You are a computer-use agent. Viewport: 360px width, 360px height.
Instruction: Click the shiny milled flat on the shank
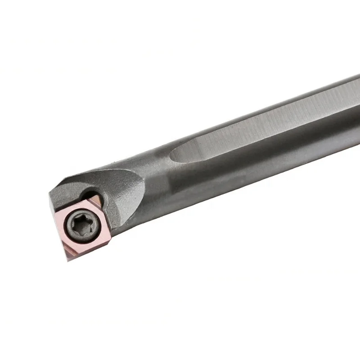click(x=252, y=130)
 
